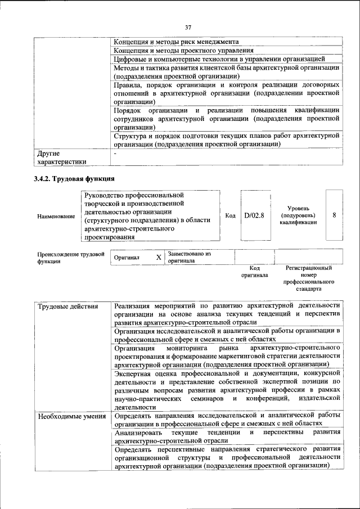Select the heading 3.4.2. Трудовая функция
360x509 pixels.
click(x=74, y=179)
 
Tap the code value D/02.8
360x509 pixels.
click(x=254, y=215)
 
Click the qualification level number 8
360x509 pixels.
click(x=335, y=215)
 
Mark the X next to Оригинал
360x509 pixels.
click(x=159, y=258)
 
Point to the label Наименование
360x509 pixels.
click(x=56, y=217)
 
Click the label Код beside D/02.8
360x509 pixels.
click(x=230, y=215)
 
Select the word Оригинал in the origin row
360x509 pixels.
click(x=127, y=258)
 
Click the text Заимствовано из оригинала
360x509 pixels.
click(x=188, y=258)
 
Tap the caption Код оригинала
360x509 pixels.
click(x=254, y=272)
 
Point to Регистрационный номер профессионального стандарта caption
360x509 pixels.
click(x=308, y=278)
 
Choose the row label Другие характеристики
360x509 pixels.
click(x=62, y=157)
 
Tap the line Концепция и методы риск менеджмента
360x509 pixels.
click(x=176, y=42)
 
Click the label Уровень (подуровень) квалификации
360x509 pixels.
click(x=298, y=215)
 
